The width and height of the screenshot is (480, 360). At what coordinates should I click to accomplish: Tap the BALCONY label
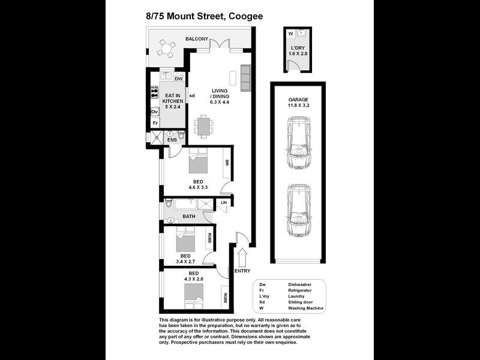pos(197,39)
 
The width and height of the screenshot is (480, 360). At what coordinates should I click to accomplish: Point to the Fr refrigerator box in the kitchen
pos(155,123)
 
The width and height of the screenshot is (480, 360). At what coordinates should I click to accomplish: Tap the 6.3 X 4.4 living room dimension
pos(220,103)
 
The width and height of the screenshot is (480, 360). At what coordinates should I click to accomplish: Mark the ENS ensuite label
pos(172,140)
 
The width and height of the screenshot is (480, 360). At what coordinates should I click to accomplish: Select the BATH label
pos(189,216)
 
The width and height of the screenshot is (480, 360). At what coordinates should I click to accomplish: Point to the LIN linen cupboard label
pos(224,203)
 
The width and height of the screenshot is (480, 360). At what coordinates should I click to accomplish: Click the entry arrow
pos(243,259)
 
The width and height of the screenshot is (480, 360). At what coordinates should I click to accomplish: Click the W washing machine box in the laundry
pos(290,34)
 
